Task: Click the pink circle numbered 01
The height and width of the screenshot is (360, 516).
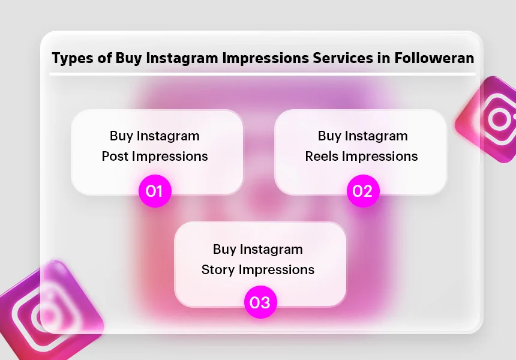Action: point(155,191)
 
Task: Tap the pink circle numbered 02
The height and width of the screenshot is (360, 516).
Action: point(363,191)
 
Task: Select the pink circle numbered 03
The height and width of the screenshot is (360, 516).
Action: point(260,302)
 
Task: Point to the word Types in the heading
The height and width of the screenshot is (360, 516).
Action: point(71,59)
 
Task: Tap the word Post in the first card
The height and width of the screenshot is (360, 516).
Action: point(115,157)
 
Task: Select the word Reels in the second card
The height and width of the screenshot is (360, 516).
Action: point(322,157)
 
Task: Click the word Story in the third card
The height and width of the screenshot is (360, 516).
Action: point(218,269)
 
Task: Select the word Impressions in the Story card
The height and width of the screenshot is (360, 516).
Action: point(277,269)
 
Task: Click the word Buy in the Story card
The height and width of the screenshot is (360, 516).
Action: point(225,249)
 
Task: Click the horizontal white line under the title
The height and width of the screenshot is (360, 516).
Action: point(262,74)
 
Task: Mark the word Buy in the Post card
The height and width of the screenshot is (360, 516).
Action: point(122,136)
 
